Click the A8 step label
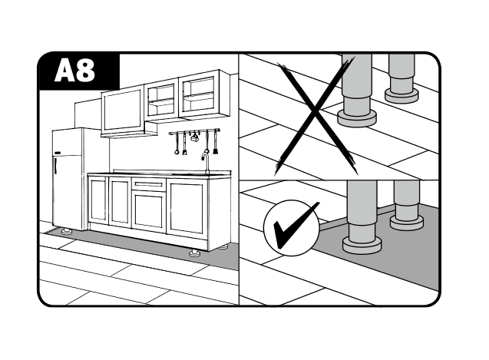click(75, 71)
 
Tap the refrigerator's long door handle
click(55, 165)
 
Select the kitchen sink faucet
click(206, 162)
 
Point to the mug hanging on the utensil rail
click(195, 137)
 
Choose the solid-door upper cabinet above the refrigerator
click(122, 111)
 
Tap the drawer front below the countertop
click(149, 185)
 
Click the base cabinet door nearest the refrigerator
click(98, 200)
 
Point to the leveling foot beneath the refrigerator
click(67, 231)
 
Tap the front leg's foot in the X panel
click(357, 118)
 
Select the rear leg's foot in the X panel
click(401, 95)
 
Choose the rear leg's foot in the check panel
click(407, 223)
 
